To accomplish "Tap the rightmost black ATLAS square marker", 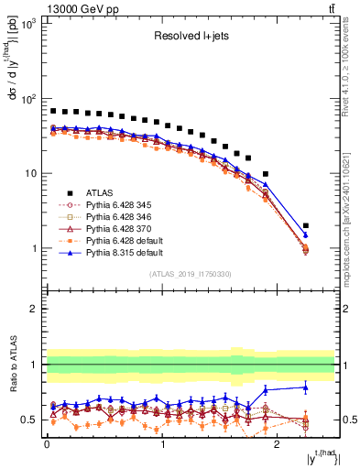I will [x=306, y=225].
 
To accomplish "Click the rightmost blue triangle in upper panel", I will [x=306, y=234].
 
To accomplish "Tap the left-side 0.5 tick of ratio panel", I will [x=31, y=420].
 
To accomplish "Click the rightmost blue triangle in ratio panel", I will [x=306, y=387].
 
